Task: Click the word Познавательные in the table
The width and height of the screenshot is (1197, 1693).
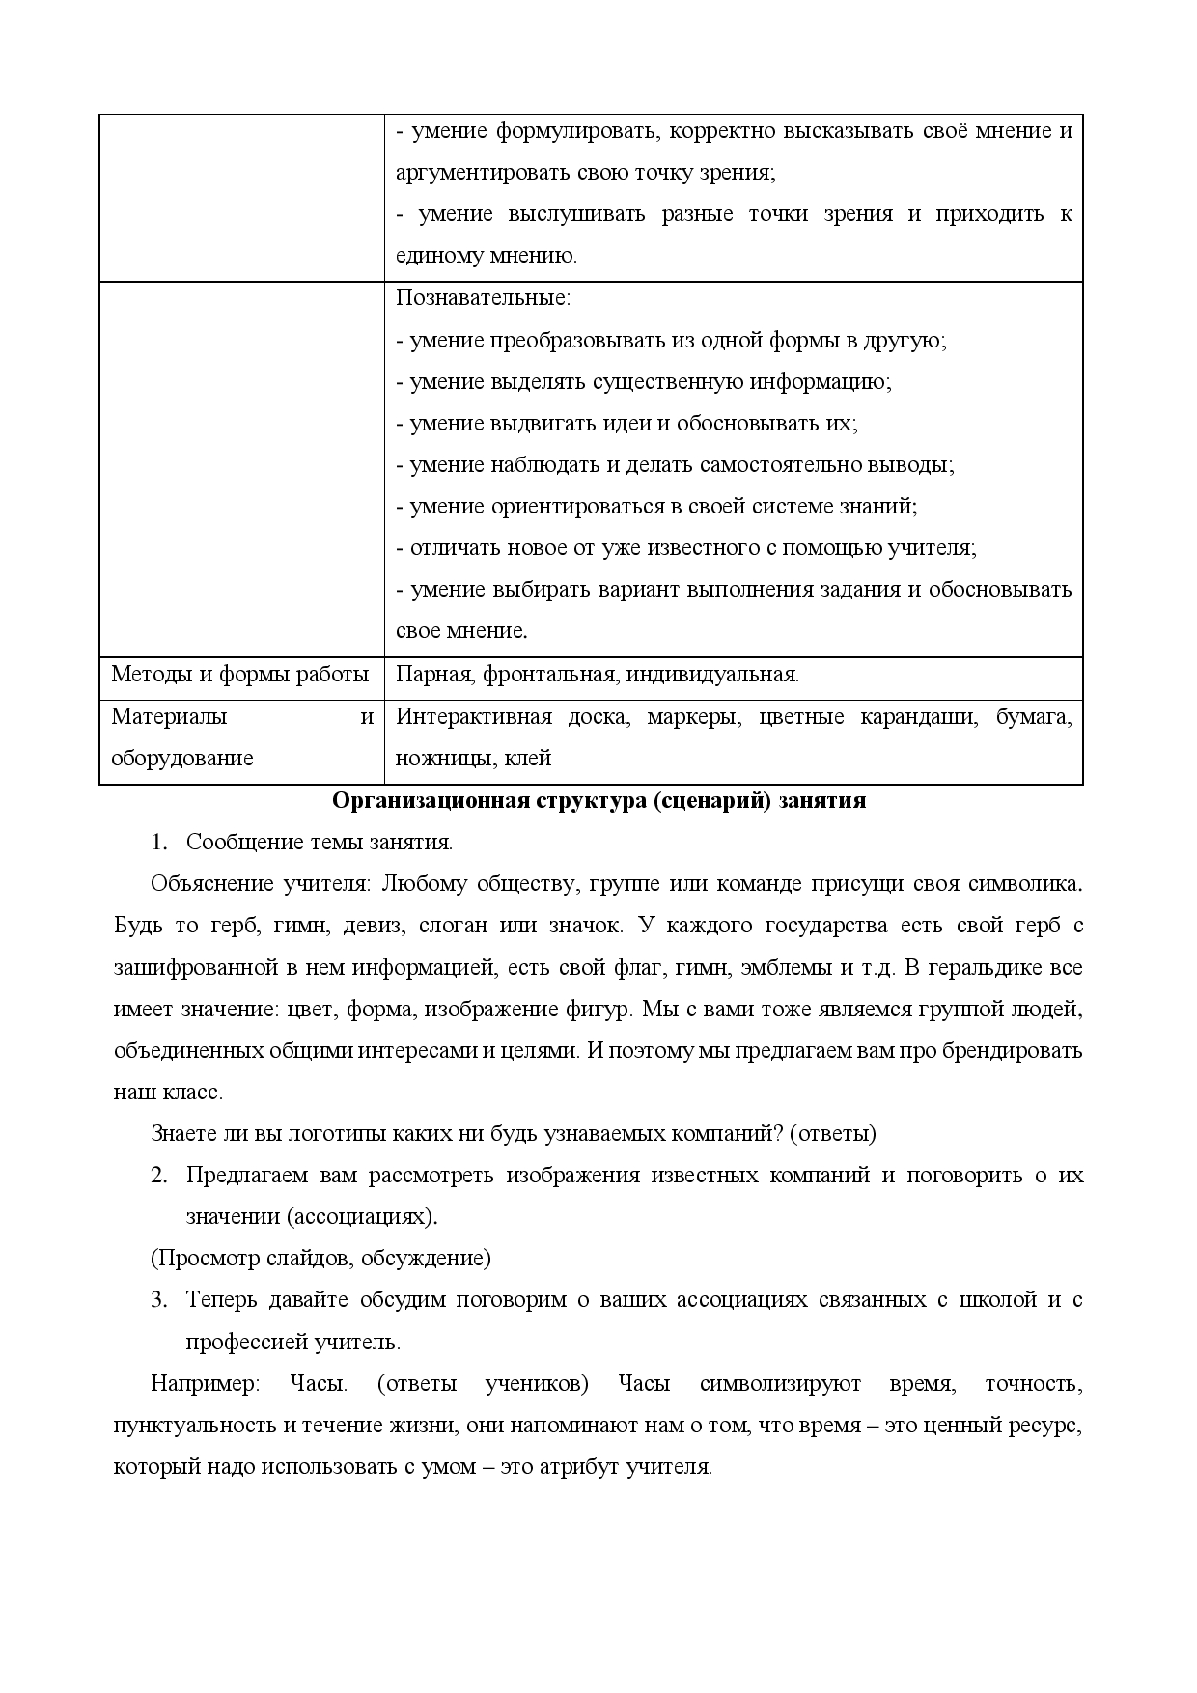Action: point(482,298)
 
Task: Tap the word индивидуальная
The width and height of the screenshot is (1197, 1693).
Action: point(711,675)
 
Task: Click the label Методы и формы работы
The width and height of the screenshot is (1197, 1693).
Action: point(240,674)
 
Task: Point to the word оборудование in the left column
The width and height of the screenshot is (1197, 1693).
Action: point(182,758)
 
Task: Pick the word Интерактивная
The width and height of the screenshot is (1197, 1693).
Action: point(474,716)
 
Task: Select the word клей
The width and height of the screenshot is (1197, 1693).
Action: point(528,758)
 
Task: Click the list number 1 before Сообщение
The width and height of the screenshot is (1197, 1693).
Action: point(159,842)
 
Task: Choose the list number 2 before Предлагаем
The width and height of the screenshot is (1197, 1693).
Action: point(159,1175)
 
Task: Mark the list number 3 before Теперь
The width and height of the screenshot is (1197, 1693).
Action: point(159,1299)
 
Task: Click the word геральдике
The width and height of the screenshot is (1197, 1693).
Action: point(999,967)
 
